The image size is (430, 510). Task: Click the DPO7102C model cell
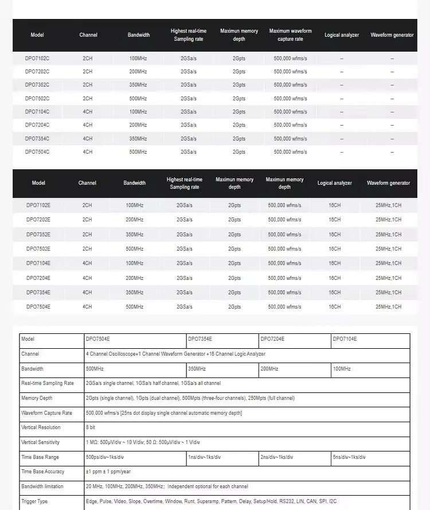tap(37, 59)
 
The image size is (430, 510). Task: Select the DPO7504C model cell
tap(37, 152)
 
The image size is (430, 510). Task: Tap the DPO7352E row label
tap(38, 235)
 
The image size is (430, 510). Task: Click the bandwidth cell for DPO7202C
tap(138, 72)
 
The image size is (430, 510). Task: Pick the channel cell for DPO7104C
tap(88, 112)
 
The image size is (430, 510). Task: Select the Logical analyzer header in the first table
tap(342, 35)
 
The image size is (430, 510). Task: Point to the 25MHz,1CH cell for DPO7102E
tap(388, 205)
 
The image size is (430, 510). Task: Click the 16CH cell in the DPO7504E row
tap(335, 307)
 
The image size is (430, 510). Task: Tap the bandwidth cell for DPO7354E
tap(134, 293)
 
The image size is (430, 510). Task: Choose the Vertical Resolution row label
tap(41, 427)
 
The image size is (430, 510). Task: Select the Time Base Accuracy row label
tap(42, 472)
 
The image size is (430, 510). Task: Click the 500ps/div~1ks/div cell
tap(105, 457)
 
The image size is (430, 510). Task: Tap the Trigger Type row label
tap(34, 501)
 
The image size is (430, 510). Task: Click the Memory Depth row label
tap(37, 398)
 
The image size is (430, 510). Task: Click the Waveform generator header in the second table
tap(388, 183)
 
